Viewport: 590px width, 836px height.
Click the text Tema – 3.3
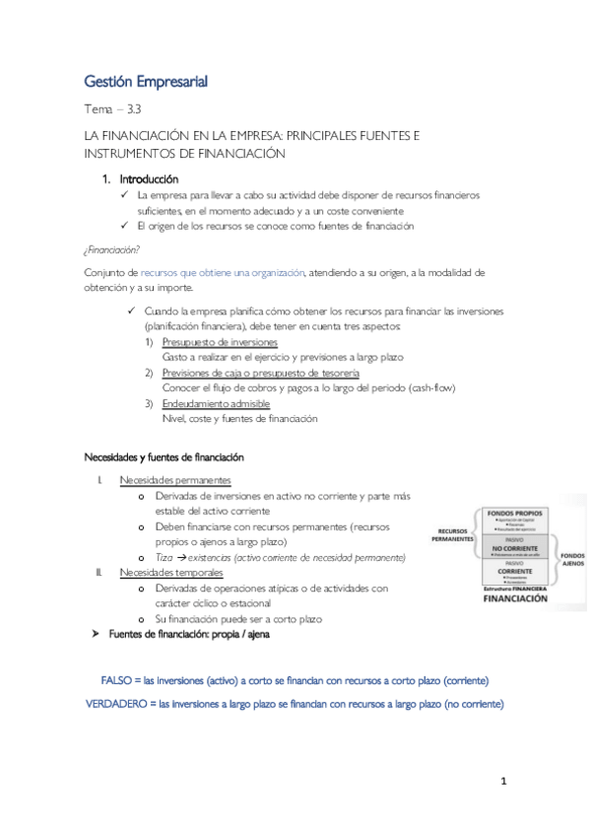[114, 109]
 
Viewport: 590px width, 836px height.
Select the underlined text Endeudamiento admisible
[215, 404]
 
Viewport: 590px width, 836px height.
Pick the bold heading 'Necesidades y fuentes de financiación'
[163, 457]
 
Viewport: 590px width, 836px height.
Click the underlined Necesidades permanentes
[175, 480]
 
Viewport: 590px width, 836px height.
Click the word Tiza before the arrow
[164, 557]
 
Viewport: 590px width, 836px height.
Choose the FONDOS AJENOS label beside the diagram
[572, 560]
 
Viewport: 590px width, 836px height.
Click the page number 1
[502, 783]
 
